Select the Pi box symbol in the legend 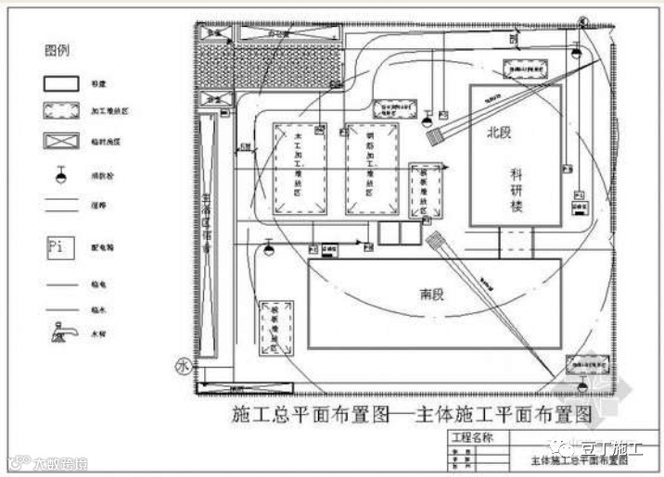coord(57,247)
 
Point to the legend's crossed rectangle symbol coord(57,143)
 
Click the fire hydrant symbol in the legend coord(59,174)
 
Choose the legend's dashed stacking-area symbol coord(57,111)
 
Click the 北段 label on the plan coord(501,132)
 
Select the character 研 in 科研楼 coord(517,190)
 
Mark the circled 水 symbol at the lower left coord(182,367)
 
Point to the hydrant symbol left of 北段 coord(428,119)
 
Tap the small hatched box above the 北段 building coord(524,69)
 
